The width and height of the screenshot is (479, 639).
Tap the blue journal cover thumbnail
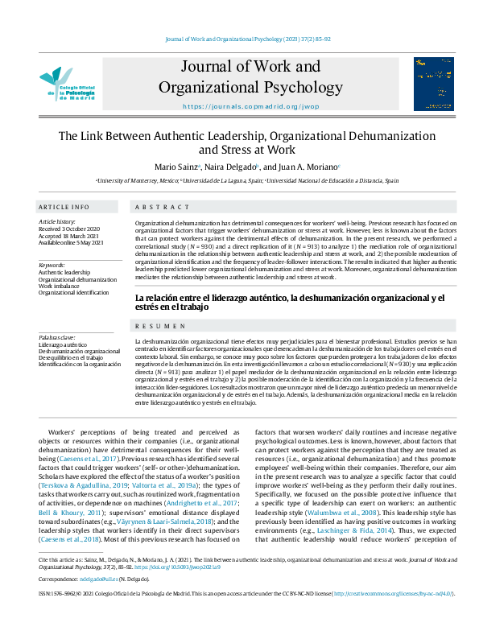pyautogui.click(x=427, y=83)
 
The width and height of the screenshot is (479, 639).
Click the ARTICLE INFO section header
pyautogui.click(x=64, y=207)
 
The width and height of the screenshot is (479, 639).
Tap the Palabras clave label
pyautogui.click(x=57, y=337)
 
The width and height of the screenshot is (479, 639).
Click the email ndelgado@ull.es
pyautogui.click(x=98, y=601)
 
